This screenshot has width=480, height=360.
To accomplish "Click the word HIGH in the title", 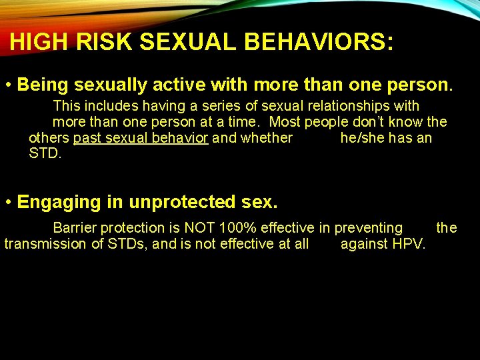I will click(x=39, y=42).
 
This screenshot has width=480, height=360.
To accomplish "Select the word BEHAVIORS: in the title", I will click(x=319, y=42).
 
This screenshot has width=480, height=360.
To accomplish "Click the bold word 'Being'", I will click(x=43, y=85).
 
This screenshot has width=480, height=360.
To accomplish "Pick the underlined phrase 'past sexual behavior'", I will click(x=141, y=138).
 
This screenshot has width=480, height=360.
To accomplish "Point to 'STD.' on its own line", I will click(x=45, y=154).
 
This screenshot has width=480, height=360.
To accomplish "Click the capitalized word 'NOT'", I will click(x=199, y=228).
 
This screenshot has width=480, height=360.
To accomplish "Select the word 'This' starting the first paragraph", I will click(x=66, y=106).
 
